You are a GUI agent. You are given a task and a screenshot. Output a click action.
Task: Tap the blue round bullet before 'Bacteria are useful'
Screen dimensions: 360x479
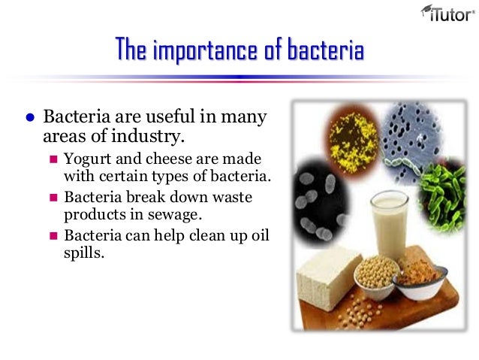(x=30, y=119)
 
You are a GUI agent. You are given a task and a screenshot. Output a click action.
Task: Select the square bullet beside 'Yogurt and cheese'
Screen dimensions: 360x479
(x=53, y=159)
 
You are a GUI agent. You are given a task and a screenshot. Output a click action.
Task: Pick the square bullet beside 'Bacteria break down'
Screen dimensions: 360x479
(x=53, y=197)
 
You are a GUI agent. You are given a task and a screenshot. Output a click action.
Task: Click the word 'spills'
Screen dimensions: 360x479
(x=83, y=253)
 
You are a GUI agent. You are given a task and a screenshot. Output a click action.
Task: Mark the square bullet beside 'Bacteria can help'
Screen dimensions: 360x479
(x=53, y=235)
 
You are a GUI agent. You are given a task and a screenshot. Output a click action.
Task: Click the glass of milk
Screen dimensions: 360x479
(x=389, y=225)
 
